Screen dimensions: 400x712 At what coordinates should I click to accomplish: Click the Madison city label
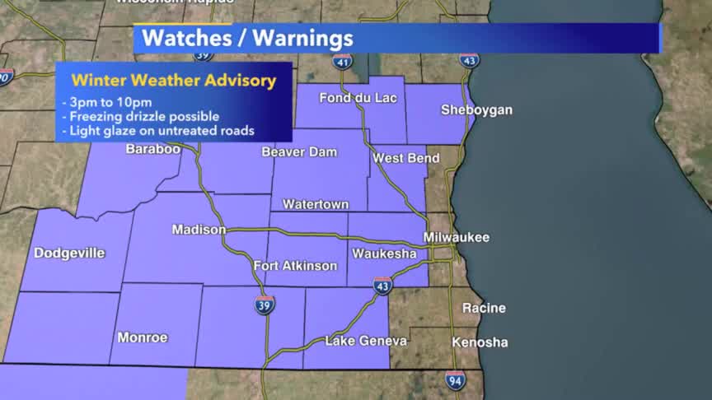coord(199,230)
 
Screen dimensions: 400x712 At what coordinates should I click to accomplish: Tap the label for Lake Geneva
coord(366,341)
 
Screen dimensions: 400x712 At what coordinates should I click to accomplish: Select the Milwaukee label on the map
coord(457,237)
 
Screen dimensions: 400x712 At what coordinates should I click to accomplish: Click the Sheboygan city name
coord(476,109)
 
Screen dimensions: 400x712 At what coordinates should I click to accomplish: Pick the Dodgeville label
coord(69,253)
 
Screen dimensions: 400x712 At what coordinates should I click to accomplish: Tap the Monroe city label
coord(143,337)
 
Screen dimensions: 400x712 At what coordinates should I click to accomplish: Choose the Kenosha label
coord(480,342)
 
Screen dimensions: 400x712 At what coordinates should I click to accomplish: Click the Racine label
coord(484,308)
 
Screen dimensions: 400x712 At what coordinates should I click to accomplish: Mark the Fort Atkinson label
coord(295,266)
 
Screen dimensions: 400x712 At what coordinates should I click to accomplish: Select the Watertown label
coord(316,204)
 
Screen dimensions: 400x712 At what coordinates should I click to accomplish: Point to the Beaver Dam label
coord(299,152)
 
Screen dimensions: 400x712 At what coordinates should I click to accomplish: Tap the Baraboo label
coord(152,149)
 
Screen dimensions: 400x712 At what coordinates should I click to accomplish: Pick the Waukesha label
coord(384,253)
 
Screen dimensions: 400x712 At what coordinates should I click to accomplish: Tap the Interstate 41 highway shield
coord(343,62)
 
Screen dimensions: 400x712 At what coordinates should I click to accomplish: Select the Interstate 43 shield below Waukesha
coord(382,286)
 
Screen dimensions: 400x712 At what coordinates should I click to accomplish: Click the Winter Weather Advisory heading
coord(173,81)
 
